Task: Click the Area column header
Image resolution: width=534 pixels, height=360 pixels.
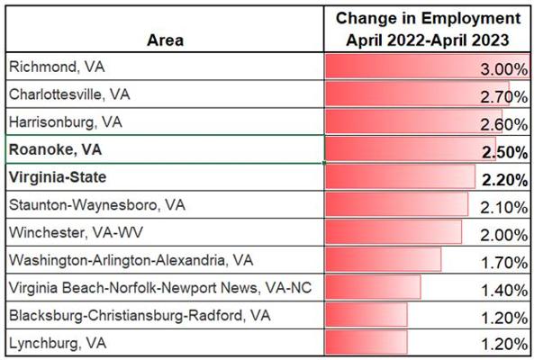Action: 165,40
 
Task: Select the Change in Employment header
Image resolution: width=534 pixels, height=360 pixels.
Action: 428,29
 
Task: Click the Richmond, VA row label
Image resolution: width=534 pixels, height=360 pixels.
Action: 57,67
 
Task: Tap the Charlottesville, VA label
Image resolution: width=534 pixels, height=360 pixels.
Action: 69,94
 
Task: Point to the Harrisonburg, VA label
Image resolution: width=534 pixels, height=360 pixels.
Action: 66,122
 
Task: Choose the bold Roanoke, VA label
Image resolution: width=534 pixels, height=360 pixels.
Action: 55,149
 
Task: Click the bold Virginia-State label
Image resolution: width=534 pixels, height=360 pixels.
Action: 58,177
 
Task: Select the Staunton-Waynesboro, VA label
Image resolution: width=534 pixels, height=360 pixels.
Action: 97,205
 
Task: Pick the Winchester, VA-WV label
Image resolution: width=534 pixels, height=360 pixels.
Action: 76,232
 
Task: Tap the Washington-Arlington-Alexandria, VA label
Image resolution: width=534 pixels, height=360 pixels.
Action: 131,260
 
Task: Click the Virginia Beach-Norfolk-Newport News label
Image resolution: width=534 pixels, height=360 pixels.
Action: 160,288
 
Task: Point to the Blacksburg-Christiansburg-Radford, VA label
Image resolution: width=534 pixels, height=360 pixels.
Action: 140,315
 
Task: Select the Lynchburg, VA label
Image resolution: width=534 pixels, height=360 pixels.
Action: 58,343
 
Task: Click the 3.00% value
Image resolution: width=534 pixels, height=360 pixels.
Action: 504,69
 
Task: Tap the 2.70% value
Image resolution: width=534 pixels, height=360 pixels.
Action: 504,97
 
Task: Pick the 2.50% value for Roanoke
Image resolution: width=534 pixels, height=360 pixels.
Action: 504,152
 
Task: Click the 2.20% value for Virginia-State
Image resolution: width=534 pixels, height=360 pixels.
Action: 504,180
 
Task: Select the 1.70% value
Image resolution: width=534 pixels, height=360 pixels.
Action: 504,263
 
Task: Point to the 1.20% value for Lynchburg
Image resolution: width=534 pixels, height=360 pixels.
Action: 504,345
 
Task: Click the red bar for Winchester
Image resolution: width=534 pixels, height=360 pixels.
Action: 394,231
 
